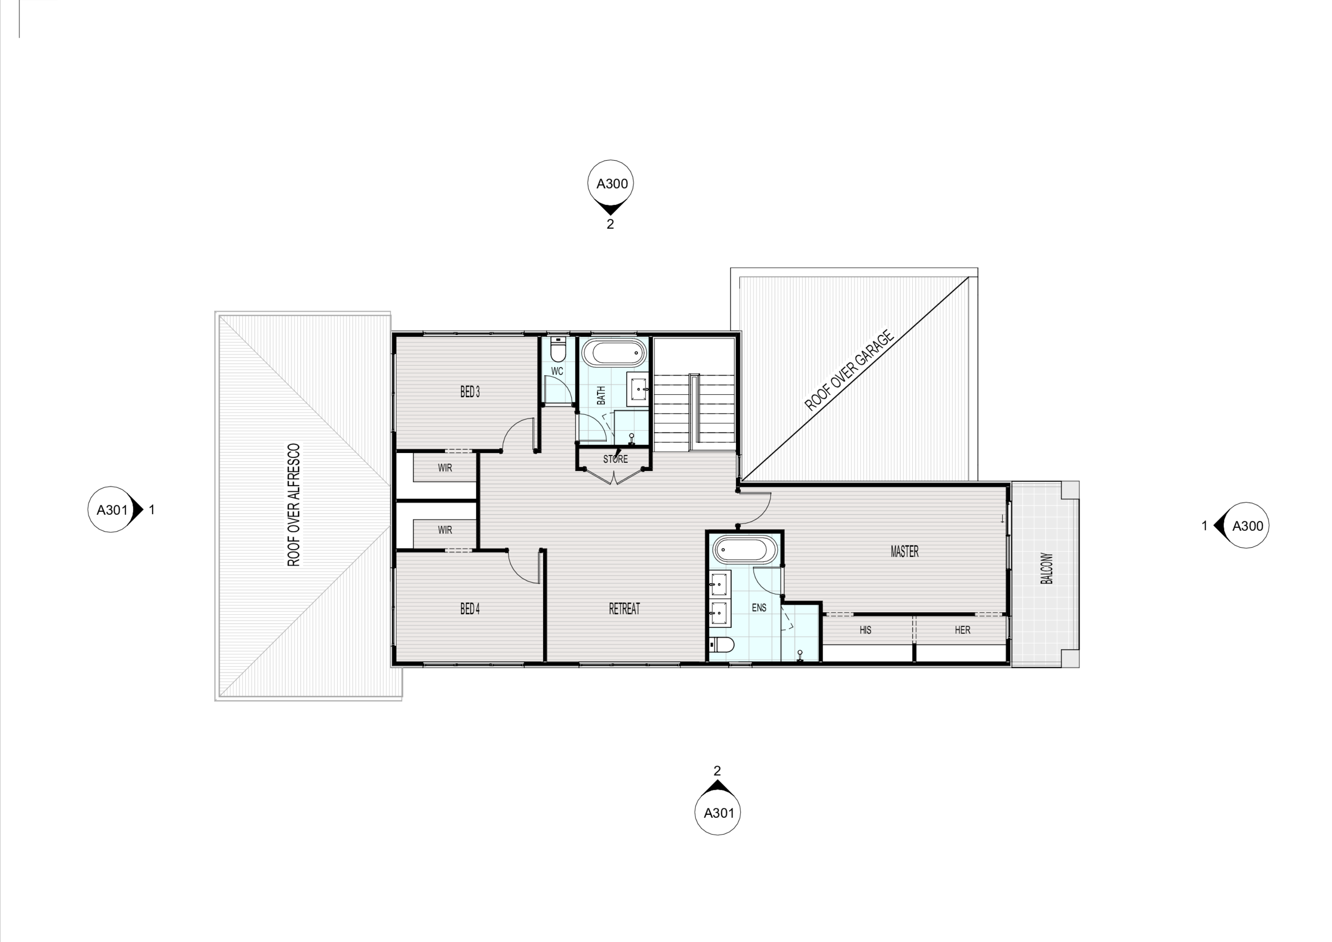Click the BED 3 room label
tap(470, 392)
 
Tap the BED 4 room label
tap(470, 608)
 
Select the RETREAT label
tap(624, 608)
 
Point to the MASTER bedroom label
tap(904, 551)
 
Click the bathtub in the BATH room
tap(614, 352)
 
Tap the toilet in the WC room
tap(558, 350)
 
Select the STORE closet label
tap(615, 459)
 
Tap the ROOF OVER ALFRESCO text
tap(294, 504)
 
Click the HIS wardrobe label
tap(865, 630)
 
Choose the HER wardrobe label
tap(962, 630)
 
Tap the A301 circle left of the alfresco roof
tap(112, 509)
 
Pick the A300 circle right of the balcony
tap(1245, 525)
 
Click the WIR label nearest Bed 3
tap(445, 468)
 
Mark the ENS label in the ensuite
tap(759, 608)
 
